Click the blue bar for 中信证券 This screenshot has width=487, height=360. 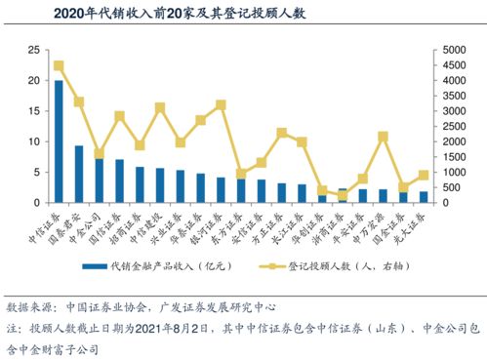[x=59, y=141]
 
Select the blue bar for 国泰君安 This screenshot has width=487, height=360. [x=79, y=174]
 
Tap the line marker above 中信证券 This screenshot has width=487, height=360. [x=59, y=65]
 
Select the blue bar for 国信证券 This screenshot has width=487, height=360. [x=119, y=181]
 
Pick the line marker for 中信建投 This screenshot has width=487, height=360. [x=160, y=107]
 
